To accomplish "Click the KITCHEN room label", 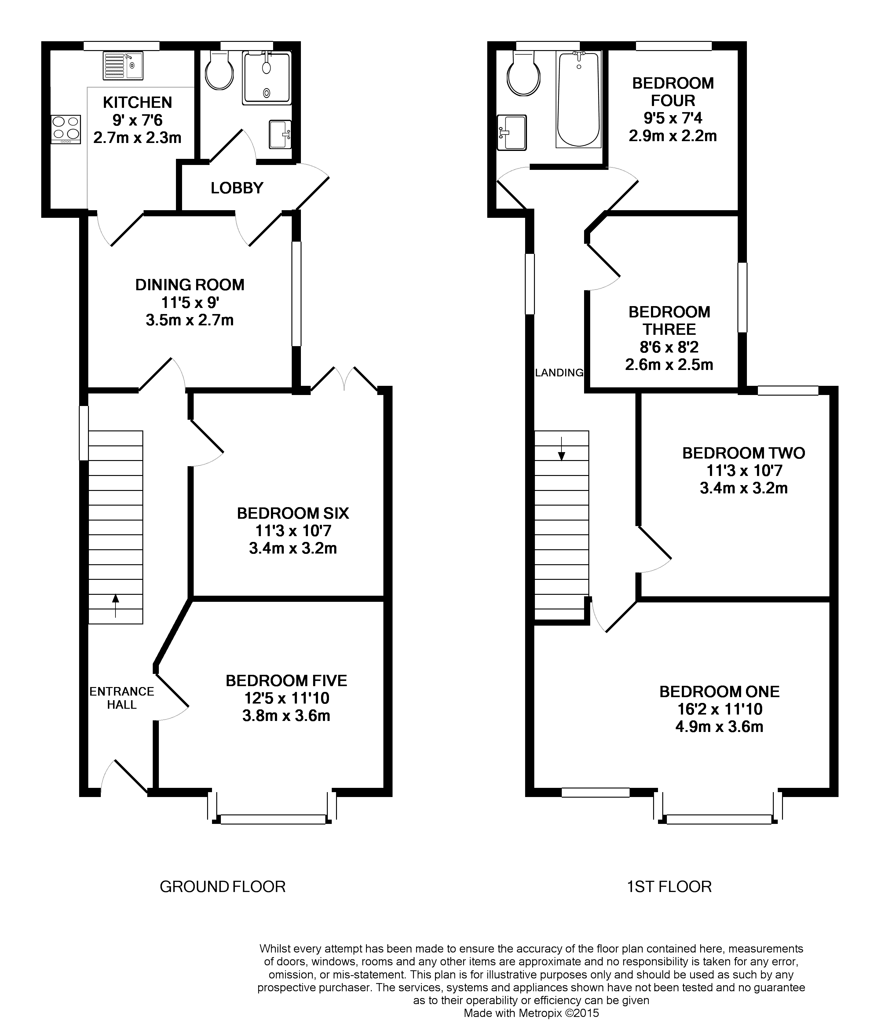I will [x=137, y=103].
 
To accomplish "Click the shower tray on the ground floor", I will [x=266, y=79].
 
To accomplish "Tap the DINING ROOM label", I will [x=190, y=285].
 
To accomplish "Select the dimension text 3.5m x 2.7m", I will [x=190, y=320].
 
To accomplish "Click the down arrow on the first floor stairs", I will [x=561, y=448].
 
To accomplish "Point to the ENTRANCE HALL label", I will [x=122, y=697].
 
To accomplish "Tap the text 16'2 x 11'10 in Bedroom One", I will [x=719, y=709].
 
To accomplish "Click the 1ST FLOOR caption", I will [x=669, y=887].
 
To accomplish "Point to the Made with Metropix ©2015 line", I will [x=531, y=1013].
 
